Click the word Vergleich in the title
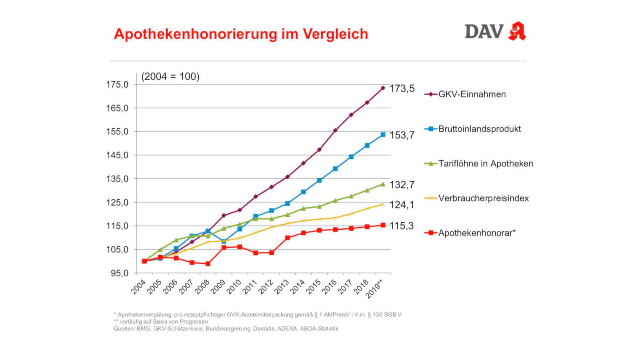point(335,34)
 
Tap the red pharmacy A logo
point(517,31)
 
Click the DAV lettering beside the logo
point(484,32)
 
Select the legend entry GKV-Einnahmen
point(472,94)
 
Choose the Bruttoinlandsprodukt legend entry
point(479,129)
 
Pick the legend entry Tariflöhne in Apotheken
point(486,164)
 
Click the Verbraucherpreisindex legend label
point(483,198)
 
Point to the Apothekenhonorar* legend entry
point(477,233)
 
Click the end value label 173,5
point(402,88)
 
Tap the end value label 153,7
point(402,135)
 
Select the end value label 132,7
point(402,185)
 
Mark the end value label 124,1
point(402,205)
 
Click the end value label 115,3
point(402,226)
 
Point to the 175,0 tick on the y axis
point(117,85)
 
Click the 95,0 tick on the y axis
point(120,273)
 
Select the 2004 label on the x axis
point(138,287)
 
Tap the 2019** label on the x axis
point(374,288)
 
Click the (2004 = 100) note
point(170,76)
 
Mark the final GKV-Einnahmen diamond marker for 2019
point(383,88)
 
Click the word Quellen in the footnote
point(124,329)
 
